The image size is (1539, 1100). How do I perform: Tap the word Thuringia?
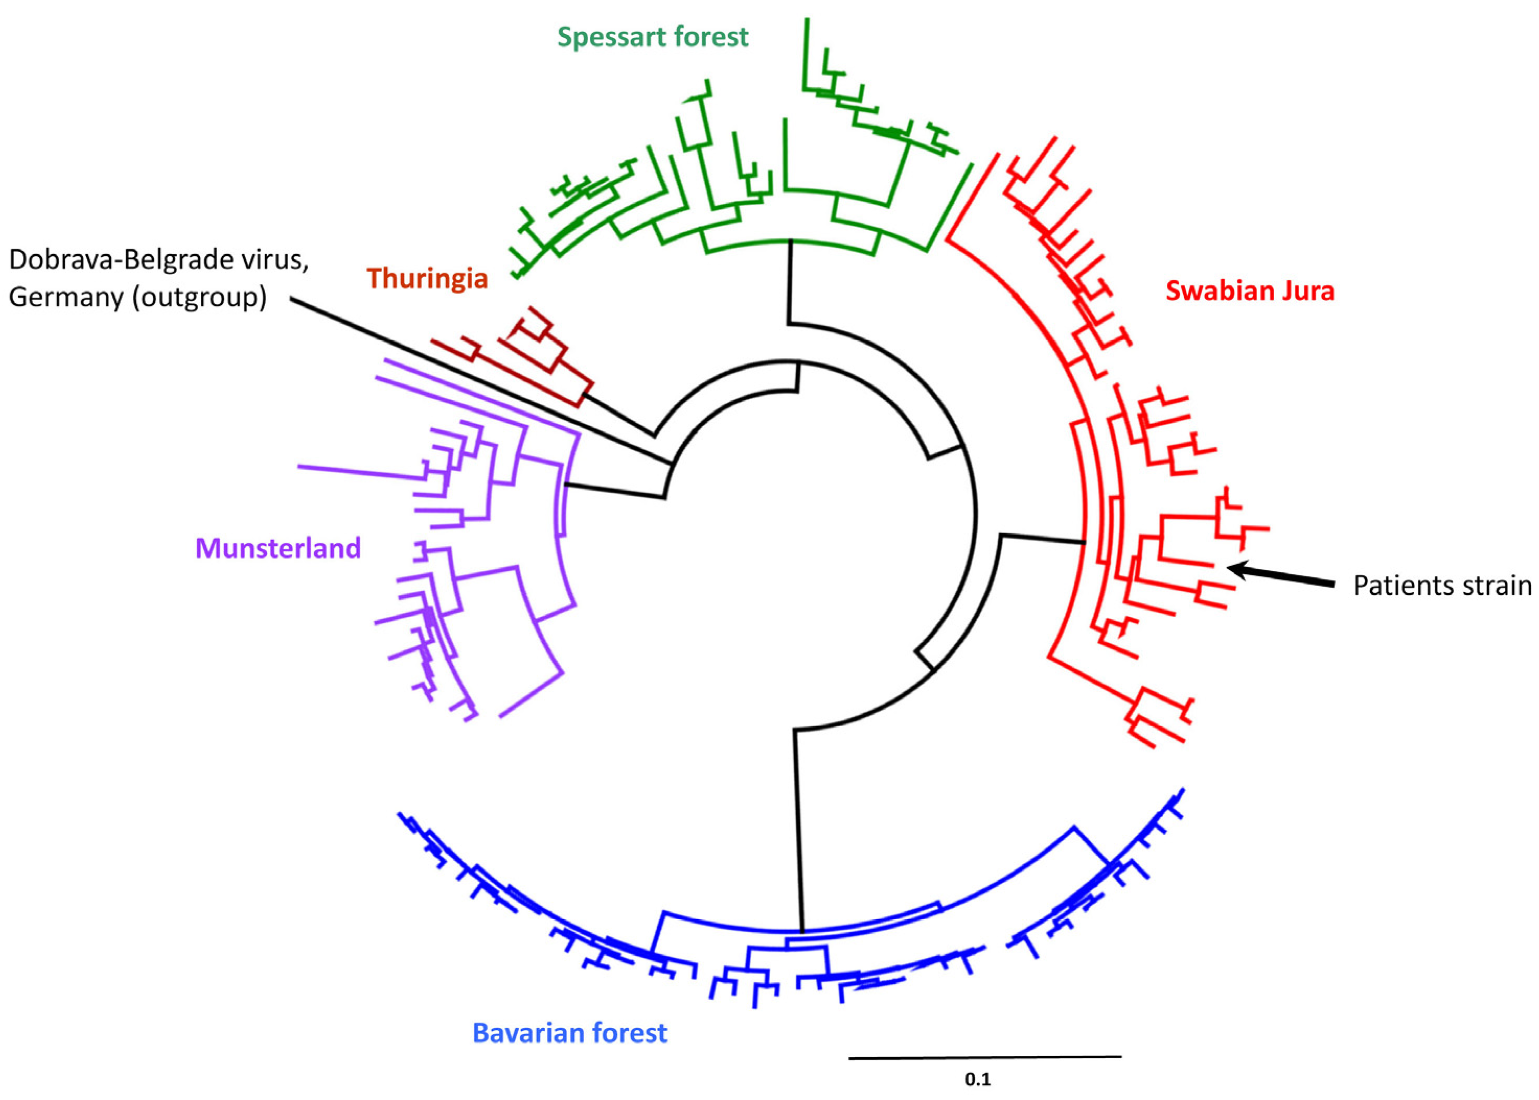[427, 278]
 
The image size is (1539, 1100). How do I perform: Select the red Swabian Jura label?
[1249, 291]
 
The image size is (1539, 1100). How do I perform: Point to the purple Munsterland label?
[278, 548]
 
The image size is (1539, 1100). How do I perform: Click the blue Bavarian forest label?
[569, 1033]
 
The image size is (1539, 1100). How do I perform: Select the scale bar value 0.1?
[977, 1079]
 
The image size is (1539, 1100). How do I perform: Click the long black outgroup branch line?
[474, 380]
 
